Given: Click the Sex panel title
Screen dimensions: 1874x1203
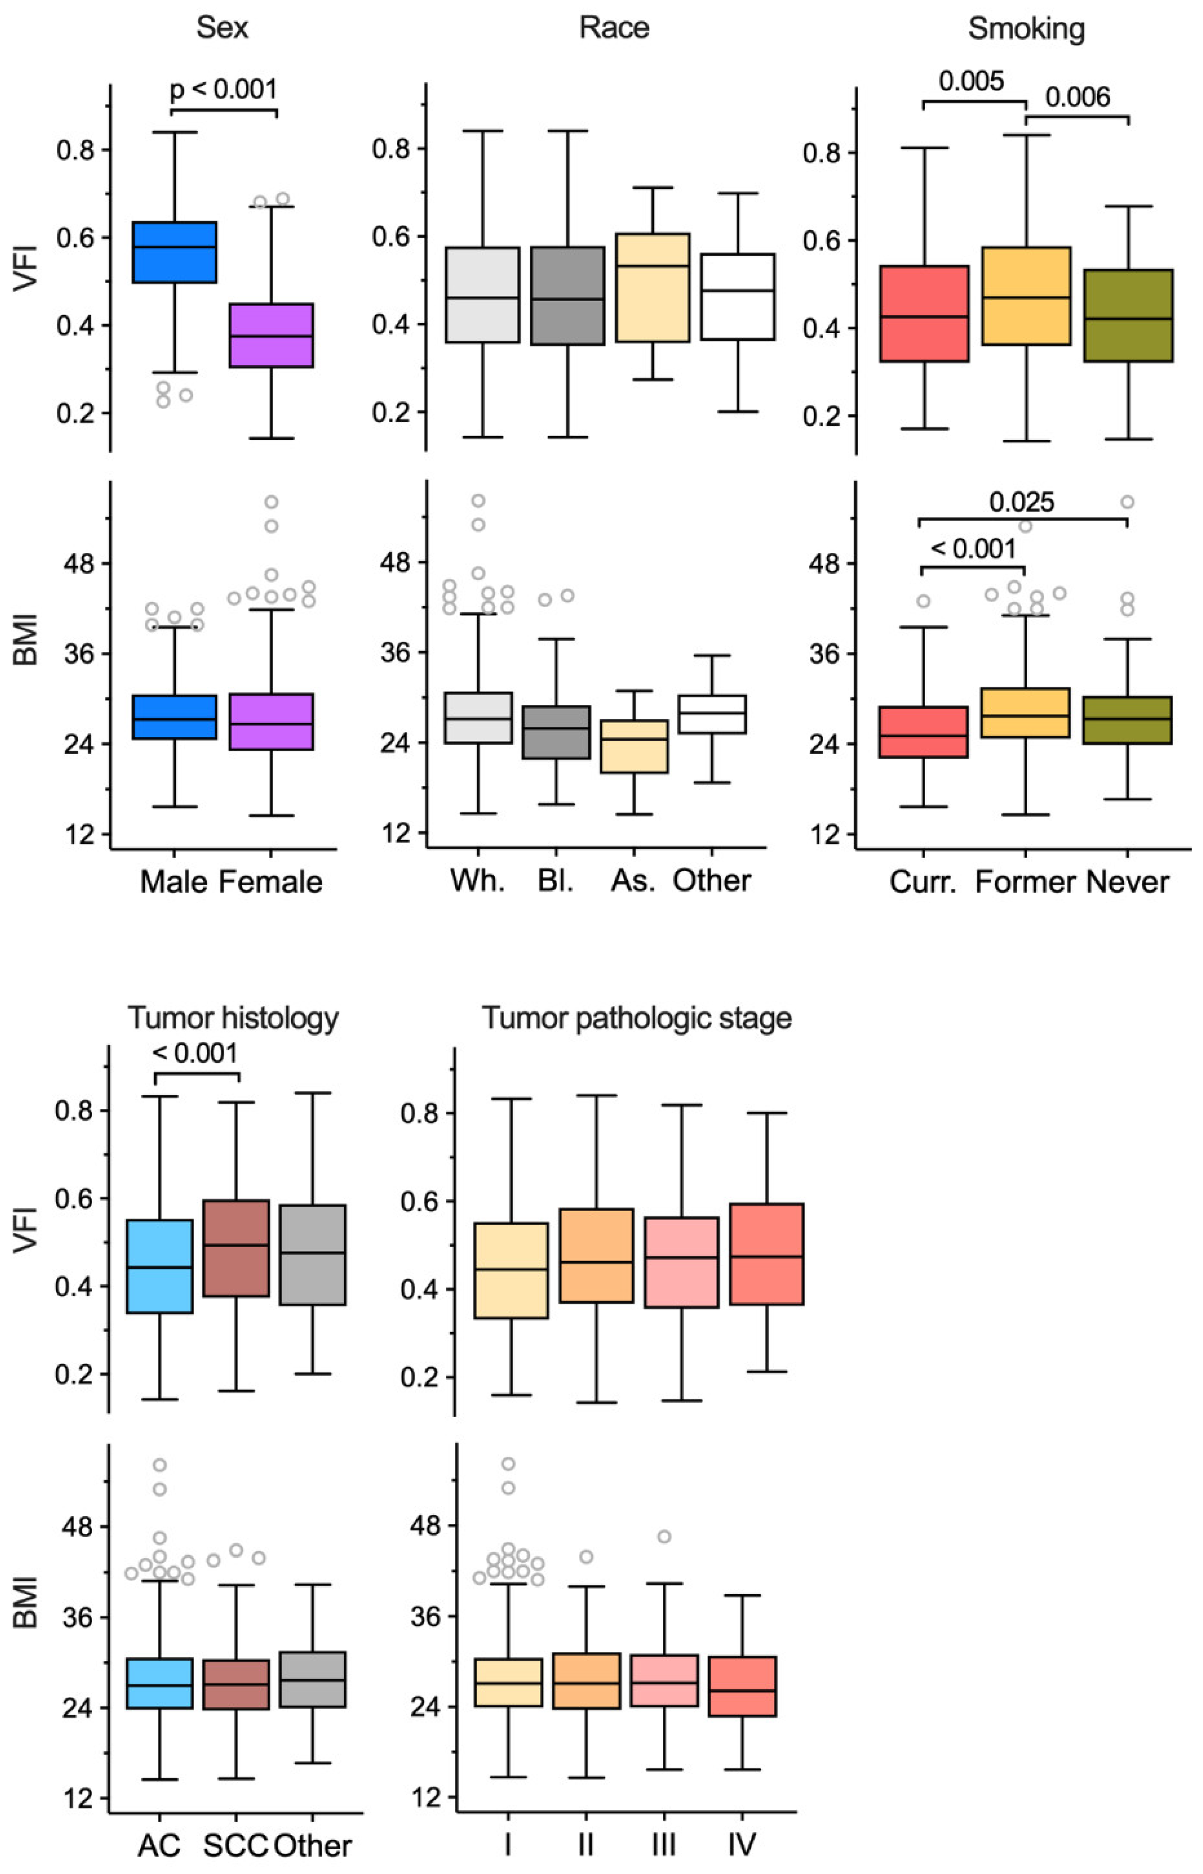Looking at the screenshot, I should tap(223, 28).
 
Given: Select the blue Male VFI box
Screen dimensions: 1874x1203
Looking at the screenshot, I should tap(174, 251).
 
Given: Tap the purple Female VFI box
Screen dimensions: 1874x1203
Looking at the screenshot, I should tap(272, 335).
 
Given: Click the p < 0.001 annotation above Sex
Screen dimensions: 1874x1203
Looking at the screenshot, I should tap(223, 89).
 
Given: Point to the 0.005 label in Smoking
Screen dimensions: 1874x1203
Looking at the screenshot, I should tap(971, 80).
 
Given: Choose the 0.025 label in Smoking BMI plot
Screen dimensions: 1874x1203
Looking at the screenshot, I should tap(1022, 501).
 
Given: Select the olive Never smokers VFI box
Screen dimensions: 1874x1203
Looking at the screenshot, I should tap(1128, 316).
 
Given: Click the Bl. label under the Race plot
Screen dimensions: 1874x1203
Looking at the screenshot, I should tap(555, 880).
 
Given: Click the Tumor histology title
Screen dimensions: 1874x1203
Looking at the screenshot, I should tap(233, 1018).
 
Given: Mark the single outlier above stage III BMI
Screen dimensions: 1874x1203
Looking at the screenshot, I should tap(664, 1537).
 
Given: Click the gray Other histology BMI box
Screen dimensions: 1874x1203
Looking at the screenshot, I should tap(312, 1679).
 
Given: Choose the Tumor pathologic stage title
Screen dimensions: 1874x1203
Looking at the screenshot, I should tap(636, 1018).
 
